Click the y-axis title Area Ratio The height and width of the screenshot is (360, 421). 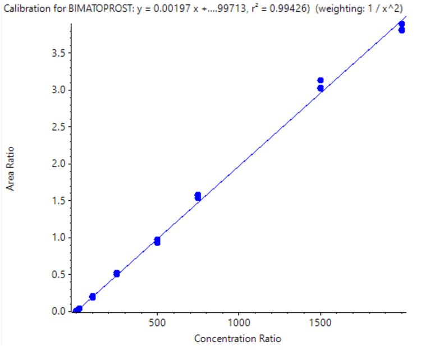pyautogui.click(x=11, y=168)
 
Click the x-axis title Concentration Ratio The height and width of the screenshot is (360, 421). pyautogui.click(x=237, y=339)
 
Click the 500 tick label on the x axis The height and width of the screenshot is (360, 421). pyautogui.click(x=157, y=324)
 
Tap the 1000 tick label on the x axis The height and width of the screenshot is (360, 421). pyautogui.click(x=239, y=324)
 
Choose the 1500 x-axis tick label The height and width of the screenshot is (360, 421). pyautogui.click(x=321, y=324)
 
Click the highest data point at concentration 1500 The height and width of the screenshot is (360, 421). pyautogui.click(x=321, y=80)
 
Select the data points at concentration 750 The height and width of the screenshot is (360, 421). pyautogui.click(x=198, y=196)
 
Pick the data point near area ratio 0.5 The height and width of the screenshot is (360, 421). pyautogui.click(x=117, y=274)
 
